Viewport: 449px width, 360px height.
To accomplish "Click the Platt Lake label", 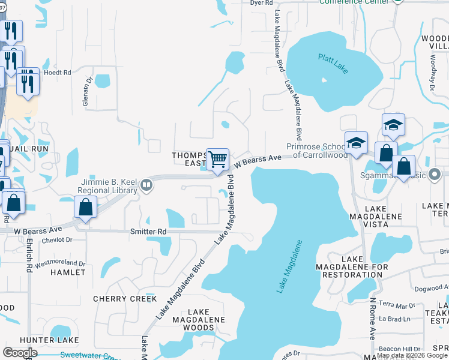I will [330, 59].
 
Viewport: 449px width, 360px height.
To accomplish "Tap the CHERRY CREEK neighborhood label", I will [125, 299].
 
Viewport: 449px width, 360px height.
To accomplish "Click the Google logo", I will [20, 352].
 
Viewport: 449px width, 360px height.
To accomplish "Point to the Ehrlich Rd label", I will [29, 256].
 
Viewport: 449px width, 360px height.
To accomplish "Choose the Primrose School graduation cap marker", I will [355, 145].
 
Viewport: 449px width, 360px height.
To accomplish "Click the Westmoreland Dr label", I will [59, 263].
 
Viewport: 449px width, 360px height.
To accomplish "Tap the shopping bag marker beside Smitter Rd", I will [86, 208].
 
